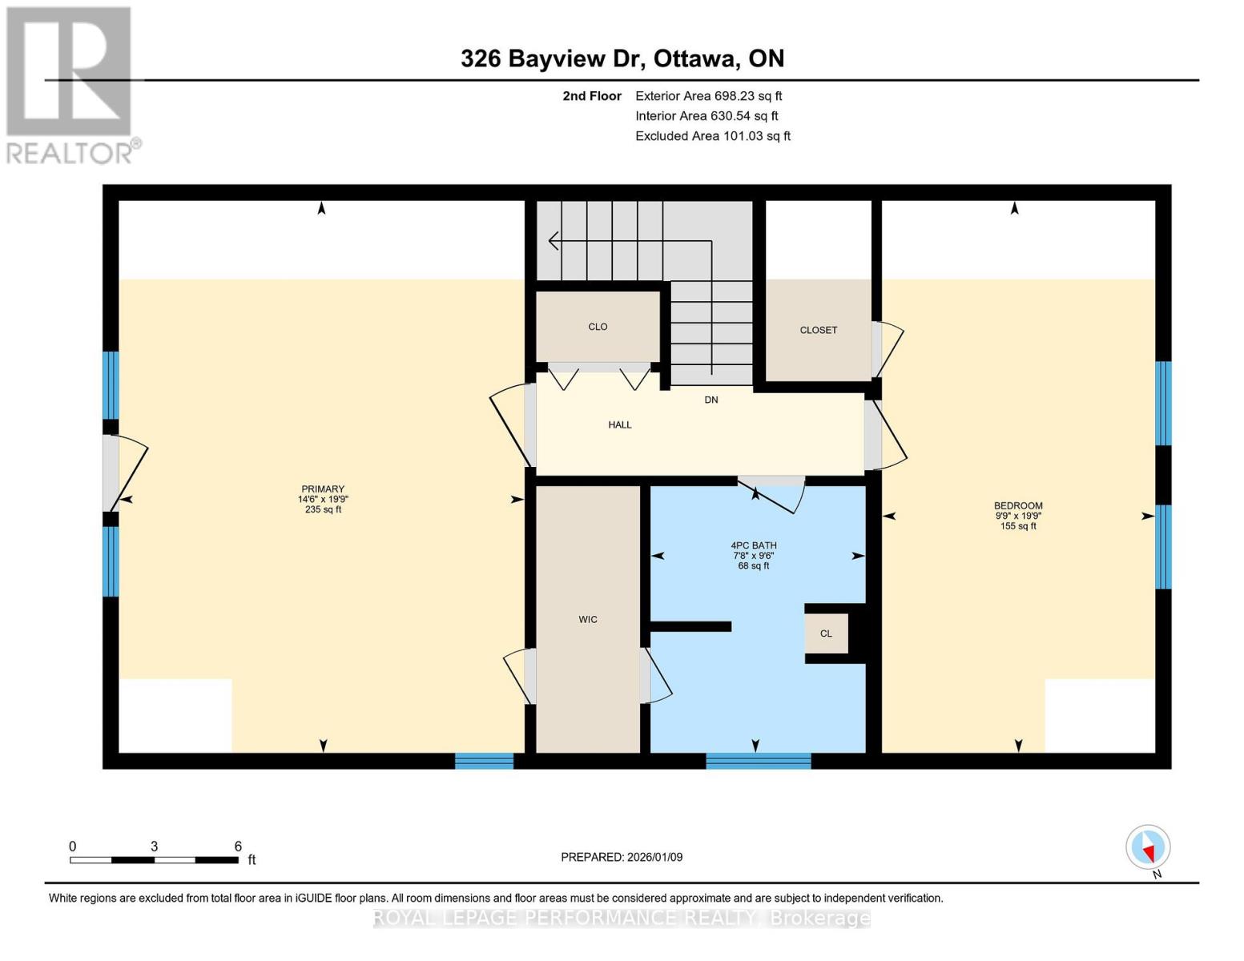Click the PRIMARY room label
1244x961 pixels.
[x=323, y=489]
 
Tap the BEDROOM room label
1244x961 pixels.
[x=1018, y=505]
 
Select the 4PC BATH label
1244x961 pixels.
[x=754, y=545]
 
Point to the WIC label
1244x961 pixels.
[x=588, y=619]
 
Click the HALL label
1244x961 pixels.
[x=619, y=424]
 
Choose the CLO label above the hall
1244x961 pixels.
[x=598, y=327]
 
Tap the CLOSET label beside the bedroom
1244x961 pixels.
[x=818, y=330]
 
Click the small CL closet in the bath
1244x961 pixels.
[x=826, y=633]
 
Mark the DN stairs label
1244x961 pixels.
[x=711, y=400]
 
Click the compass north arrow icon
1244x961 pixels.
[x=1148, y=847]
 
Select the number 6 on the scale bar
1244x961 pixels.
[x=238, y=846]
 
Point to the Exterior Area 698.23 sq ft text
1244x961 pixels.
[x=709, y=96]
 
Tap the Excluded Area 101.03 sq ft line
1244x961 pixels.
[x=713, y=136]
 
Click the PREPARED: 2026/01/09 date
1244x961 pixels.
[x=622, y=857]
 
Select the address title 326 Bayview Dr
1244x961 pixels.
[x=554, y=58]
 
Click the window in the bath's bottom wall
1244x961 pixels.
[x=759, y=761]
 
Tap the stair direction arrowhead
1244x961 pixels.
[x=554, y=241]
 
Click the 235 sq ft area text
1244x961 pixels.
[x=323, y=509]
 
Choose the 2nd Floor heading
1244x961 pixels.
[x=592, y=96]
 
